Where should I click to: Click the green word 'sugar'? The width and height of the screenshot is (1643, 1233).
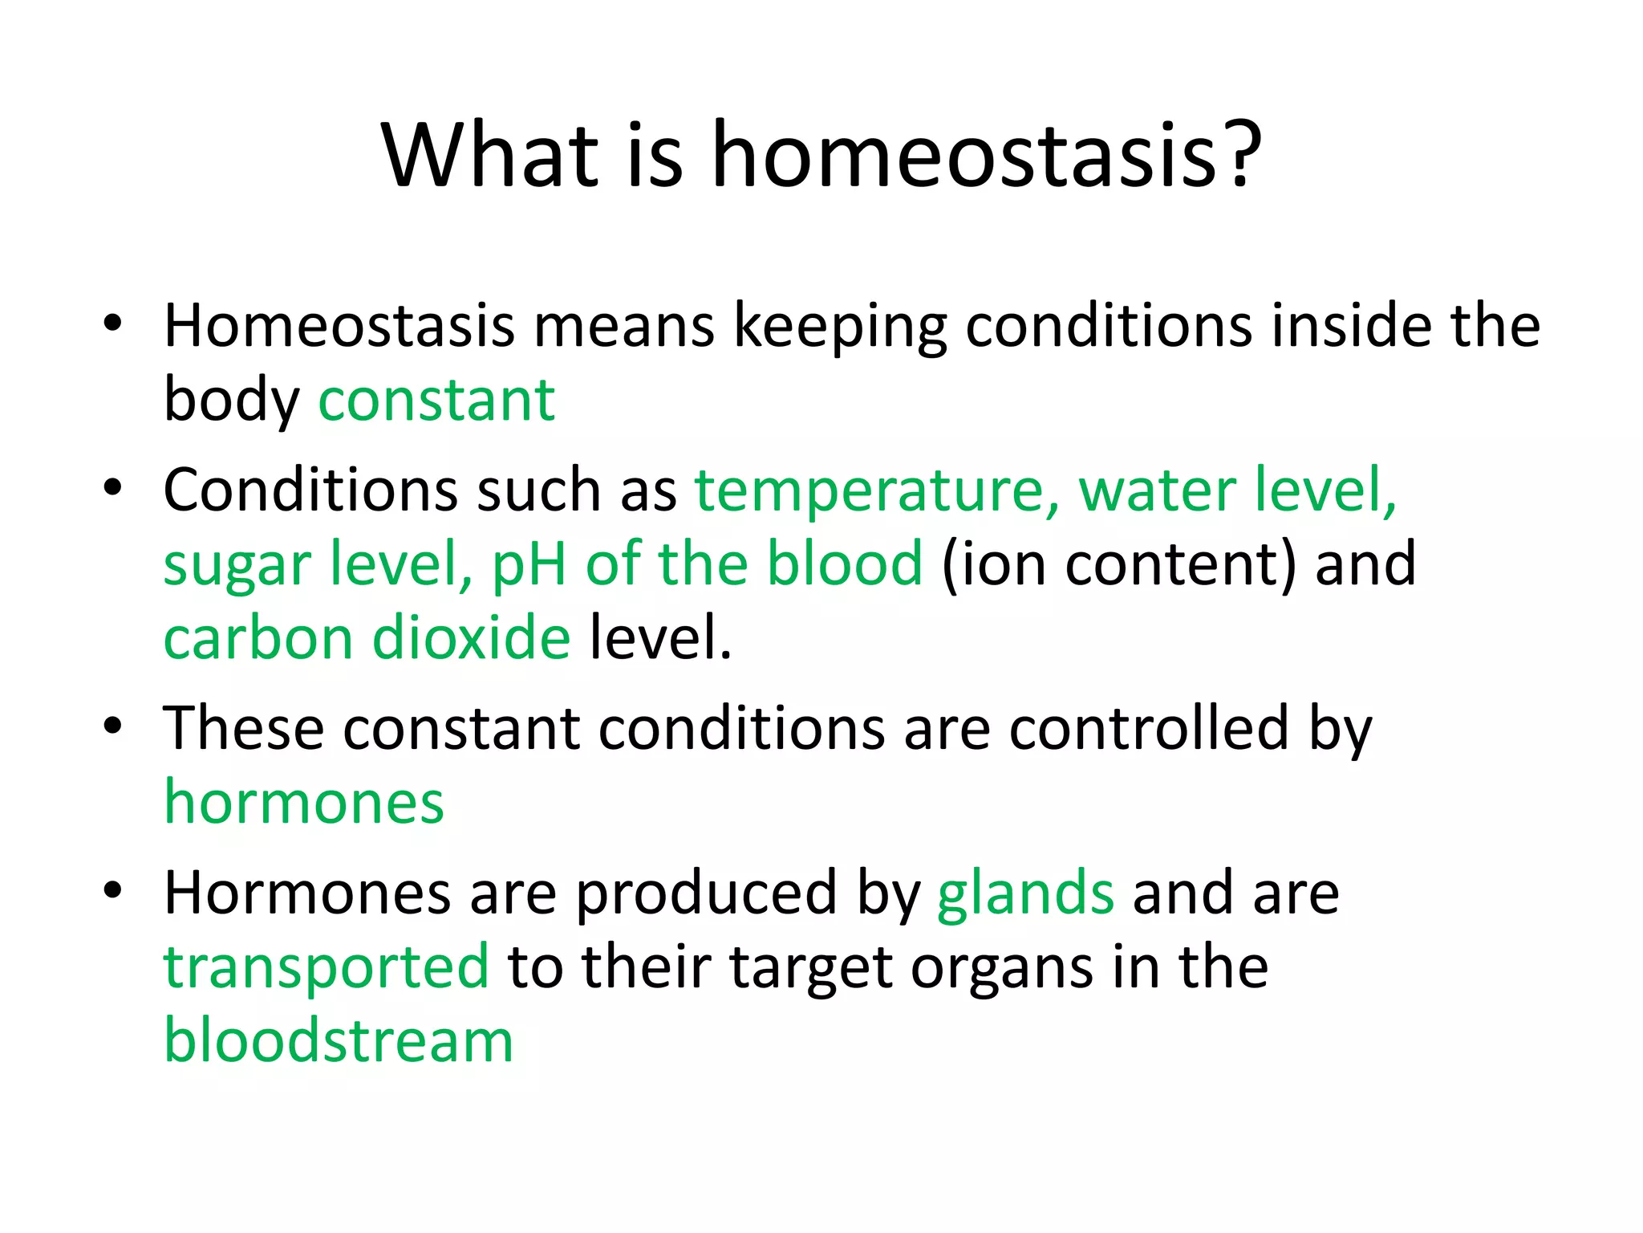click(x=237, y=565)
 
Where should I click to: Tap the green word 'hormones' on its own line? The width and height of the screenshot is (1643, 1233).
click(x=303, y=802)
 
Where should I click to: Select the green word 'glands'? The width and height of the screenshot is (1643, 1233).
click(x=1025, y=893)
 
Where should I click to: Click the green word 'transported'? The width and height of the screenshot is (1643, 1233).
click(x=326, y=967)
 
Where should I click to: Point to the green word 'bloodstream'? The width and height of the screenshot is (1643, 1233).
click(x=338, y=1041)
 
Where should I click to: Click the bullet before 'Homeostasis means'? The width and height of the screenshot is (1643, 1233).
click(x=112, y=324)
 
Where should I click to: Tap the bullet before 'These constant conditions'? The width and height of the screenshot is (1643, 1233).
click(x=112, y=726)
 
